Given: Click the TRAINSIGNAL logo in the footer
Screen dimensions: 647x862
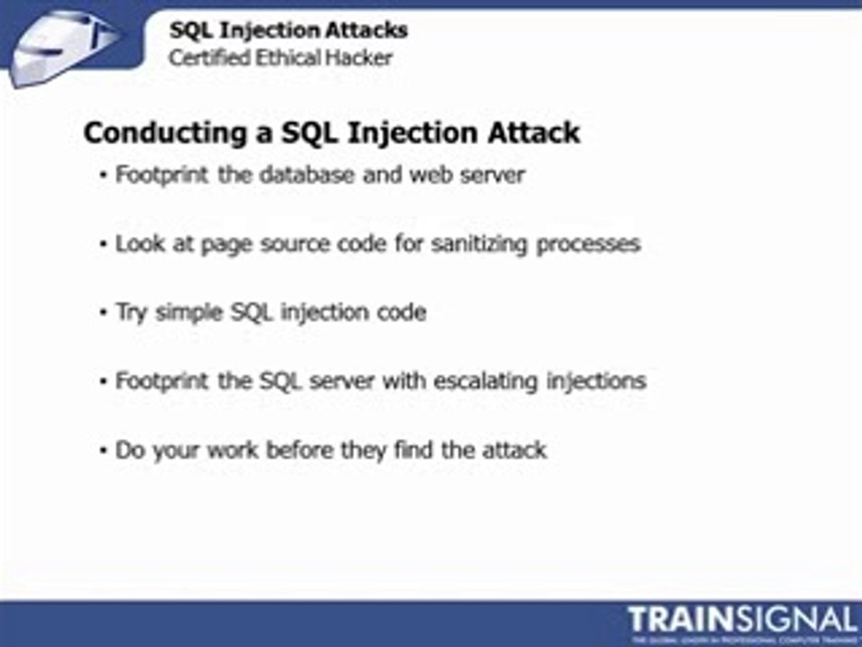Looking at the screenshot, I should [742, 620].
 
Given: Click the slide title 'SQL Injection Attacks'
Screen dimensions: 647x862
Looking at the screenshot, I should [288, 31].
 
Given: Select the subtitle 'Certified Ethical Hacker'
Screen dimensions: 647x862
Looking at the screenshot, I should [281, 58].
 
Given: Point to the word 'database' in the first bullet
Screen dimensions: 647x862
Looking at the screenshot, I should [305, 174].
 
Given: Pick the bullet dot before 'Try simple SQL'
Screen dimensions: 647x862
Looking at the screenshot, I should [104, 313].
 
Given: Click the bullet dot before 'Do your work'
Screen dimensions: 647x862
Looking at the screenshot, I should [104, 449].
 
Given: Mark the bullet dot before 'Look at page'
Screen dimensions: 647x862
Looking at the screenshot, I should [104, 244].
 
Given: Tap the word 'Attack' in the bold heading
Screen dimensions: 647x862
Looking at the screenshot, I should [533, 133].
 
